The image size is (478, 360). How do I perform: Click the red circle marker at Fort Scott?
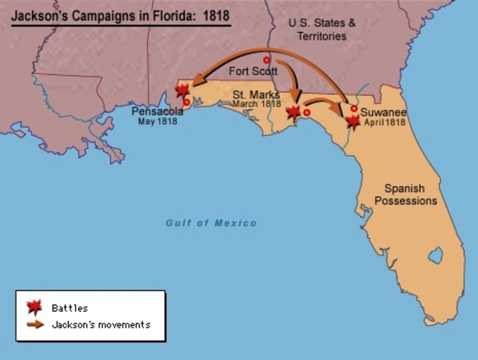pyautogui.click(x=266, y=59)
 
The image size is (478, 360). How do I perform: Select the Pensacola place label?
pyautogui.click(x=157, y=111)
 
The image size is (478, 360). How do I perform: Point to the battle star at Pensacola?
pyautogui.click(x=181, y=91)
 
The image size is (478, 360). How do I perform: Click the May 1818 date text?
pyautogui.click(x=157, y=121)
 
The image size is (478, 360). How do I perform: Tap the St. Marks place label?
pyautogui.click(x=256, y=94)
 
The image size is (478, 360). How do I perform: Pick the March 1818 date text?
pyautogui.click(x=256, y=103)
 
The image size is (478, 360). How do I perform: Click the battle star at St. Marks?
pyautogui.click(x=294, y=112)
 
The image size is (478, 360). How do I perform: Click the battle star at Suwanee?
pyautogui.click(x=353, y=121)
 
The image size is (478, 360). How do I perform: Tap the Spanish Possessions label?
pyautogui.click(x=405, y=195)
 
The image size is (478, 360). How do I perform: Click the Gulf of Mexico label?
pyautogui.click(x=211, y=223)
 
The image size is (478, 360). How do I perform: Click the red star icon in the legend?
pyautogui.click(x=34, y=307)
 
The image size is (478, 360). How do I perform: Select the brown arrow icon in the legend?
pyautogui.click(x=34, y=325)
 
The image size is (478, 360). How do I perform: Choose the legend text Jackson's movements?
pyautogui.click(x=101, y=325)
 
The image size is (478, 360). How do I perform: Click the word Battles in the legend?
pyautogui.click(x=70, y=308)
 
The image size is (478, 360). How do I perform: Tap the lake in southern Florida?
pyautogui.click(x=435, y=256)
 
